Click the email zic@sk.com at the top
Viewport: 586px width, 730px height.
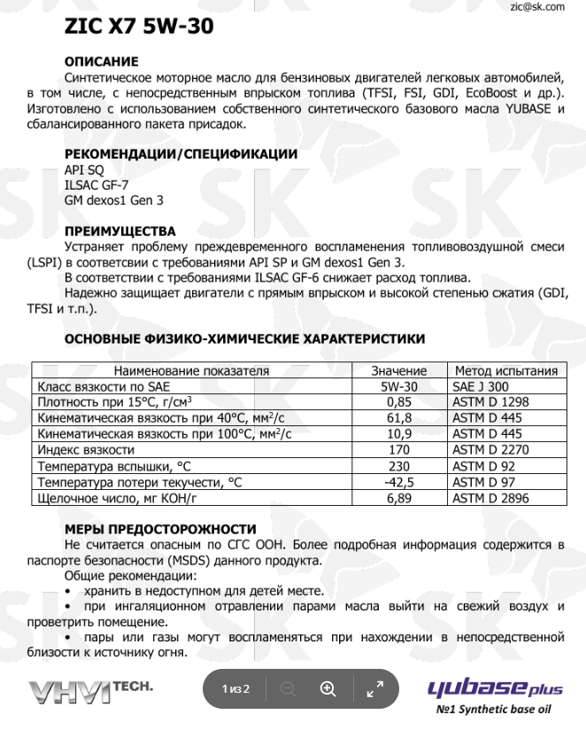click(537, 6)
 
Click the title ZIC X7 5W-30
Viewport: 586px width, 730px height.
click(138, 27)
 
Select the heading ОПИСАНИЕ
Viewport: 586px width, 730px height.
click(102, 62)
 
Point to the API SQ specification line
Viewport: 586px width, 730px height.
click(84, 170)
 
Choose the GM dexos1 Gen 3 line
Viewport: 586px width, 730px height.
click(114, 200)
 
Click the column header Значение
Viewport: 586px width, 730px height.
click(399, 371)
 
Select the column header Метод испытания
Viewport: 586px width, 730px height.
click(505, 371)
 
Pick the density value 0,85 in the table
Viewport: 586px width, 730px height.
click(399, 402)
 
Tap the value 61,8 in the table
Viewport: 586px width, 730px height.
click(399, 418)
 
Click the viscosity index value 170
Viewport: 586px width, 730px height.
click(399, 450)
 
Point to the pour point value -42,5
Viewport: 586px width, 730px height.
click(399, 482)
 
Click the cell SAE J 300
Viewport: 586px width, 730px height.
click(481, 386)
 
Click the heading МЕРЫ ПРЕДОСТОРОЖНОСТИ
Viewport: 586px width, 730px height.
click(161, 529)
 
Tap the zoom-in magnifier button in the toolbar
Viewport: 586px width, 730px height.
click(328, 688)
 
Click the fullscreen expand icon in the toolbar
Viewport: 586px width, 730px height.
click(374, 688)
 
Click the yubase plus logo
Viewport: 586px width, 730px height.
click(495, 688)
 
